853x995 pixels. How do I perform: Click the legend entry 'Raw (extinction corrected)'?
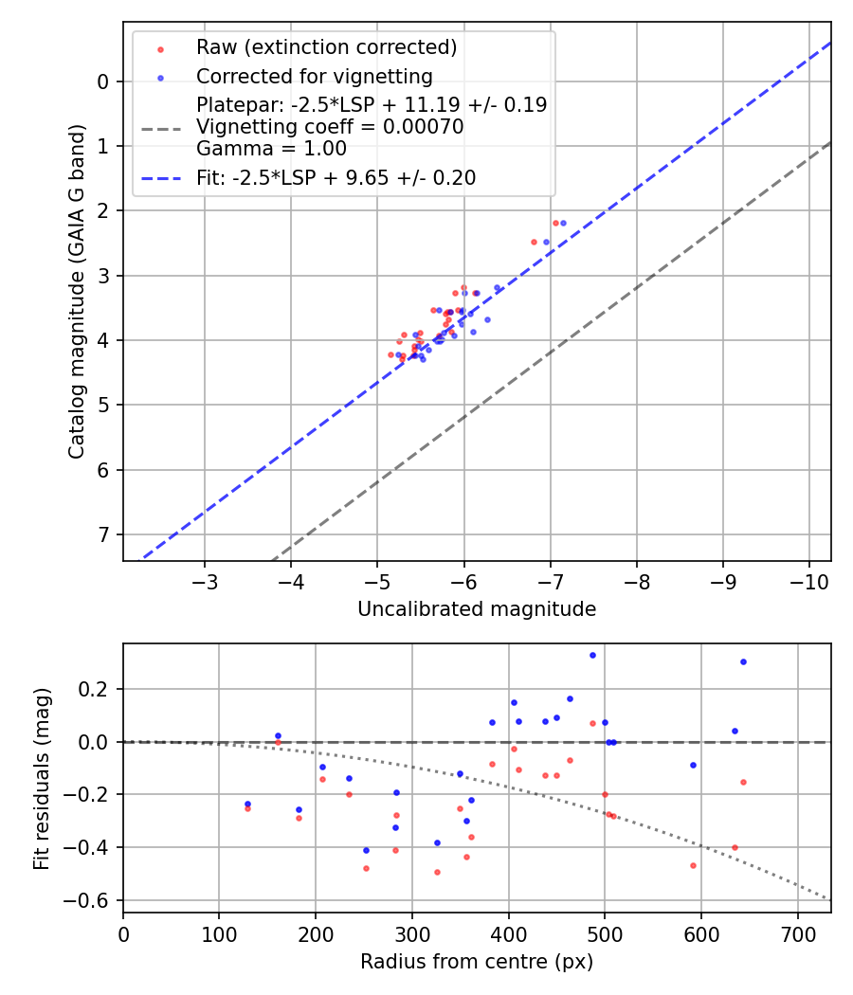[x=326, y=47]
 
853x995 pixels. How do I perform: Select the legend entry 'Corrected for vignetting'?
[x=314, y=76]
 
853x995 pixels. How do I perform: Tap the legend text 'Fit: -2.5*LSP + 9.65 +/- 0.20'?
[x=336, y=177]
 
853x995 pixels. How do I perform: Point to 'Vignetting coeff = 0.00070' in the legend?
[x=330, y=127]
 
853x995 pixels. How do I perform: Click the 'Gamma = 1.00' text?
[x=271, y=149]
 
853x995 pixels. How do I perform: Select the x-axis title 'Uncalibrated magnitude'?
[x=477, y=609]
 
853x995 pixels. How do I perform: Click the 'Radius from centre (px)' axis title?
[x=477, y=962]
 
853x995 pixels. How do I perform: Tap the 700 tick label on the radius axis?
[x=797, y=934]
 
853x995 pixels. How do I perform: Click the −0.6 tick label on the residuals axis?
[x=93, y=900]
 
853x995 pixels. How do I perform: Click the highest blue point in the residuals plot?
[x=592, y=655]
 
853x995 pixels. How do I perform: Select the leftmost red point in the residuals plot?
[x=247, y=808]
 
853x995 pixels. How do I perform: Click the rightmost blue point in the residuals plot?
[x=743, y=661]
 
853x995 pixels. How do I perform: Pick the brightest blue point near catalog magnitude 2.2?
[x=563, y=223]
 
